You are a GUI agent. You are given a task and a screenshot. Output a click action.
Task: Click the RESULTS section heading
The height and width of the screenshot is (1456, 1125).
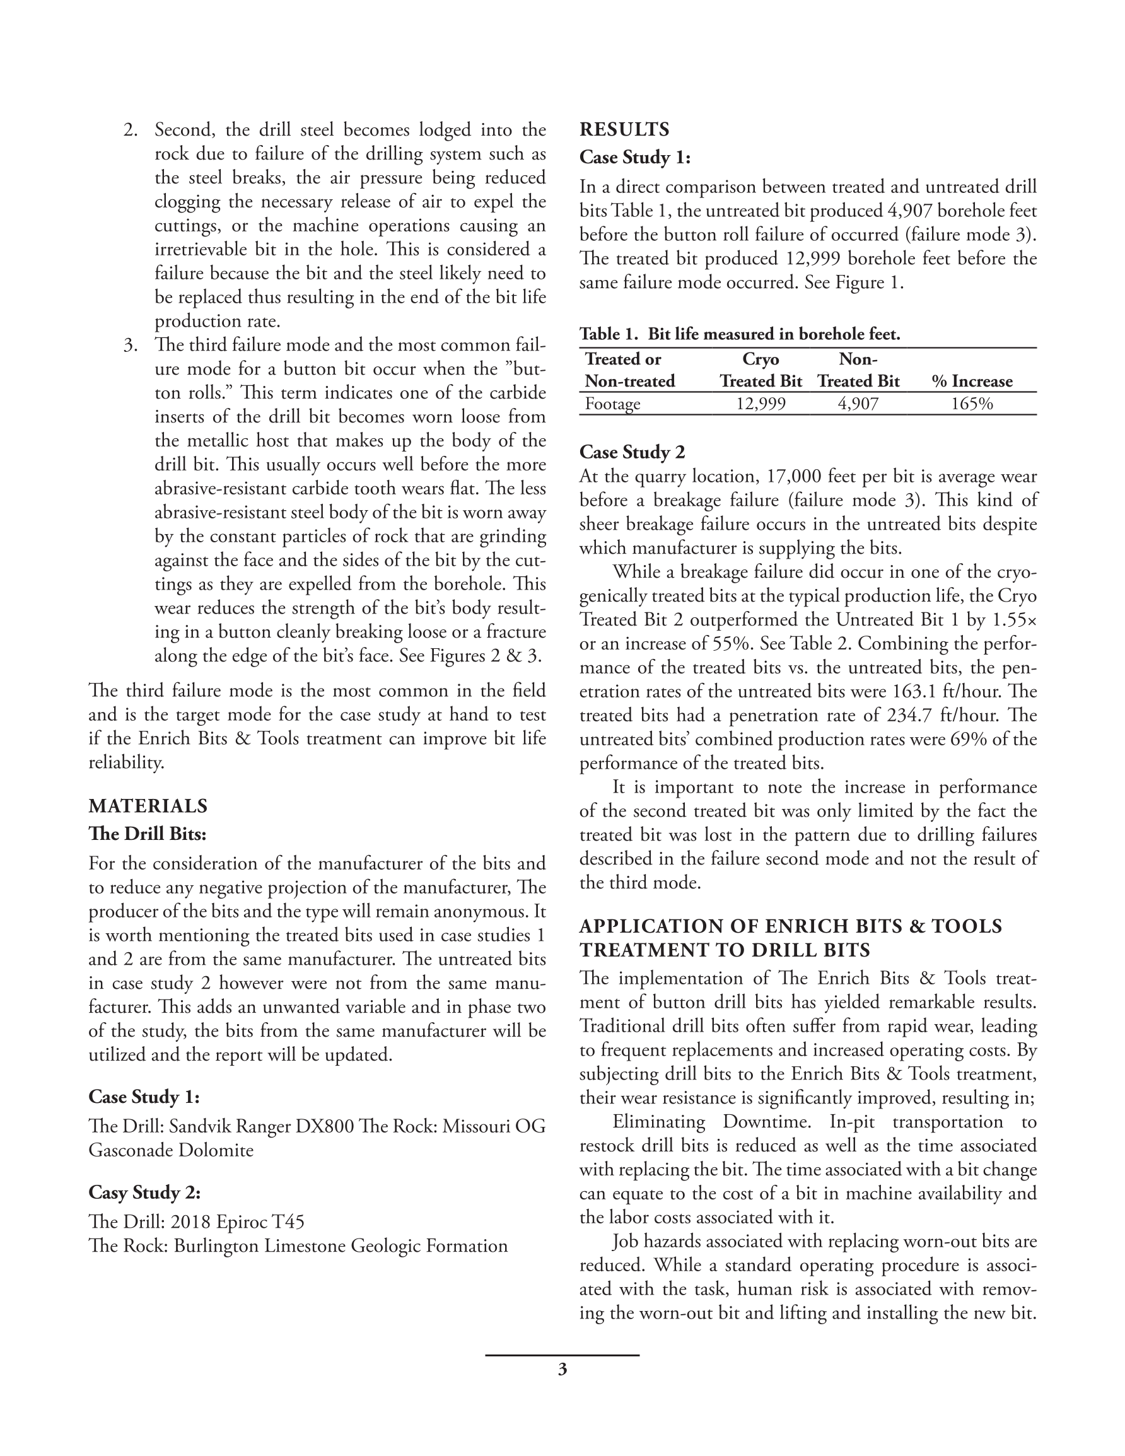624,129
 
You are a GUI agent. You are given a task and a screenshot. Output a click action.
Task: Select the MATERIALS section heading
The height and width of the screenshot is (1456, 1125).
148,806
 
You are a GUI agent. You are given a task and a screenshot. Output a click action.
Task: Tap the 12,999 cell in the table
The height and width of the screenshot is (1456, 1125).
761,404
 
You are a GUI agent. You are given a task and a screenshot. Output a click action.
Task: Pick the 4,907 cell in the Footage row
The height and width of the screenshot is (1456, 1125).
858,404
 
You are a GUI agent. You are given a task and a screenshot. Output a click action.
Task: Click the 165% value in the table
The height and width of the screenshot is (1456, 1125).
972,404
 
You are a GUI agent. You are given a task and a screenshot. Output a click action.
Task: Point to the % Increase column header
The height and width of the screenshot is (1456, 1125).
972,381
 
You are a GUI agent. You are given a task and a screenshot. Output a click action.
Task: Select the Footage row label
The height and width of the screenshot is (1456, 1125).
612,404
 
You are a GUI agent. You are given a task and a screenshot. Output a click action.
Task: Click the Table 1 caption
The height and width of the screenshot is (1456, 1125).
740,334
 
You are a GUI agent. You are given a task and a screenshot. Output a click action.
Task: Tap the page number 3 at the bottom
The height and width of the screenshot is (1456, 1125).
562,1370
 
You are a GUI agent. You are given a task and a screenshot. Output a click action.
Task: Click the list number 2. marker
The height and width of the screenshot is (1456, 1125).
131,130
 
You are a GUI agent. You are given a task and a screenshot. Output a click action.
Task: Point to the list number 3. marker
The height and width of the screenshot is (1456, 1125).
131,346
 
